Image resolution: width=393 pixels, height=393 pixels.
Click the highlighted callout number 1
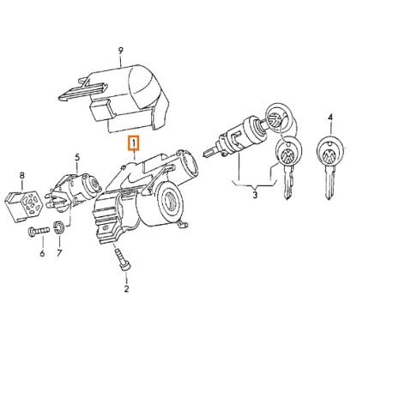click(134, 142)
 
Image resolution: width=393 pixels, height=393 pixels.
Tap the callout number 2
click(126, 288)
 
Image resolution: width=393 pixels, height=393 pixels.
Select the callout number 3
click(255, 195)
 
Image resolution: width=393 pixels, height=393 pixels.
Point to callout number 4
click(330, 118)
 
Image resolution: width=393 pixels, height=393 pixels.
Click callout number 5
click(77, 157)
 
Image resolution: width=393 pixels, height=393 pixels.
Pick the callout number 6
click(42, 253)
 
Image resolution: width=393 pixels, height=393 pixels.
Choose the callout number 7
click(59, 253)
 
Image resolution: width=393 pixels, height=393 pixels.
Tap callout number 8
click(22, 175)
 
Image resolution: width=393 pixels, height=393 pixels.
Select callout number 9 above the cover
click(121, 51)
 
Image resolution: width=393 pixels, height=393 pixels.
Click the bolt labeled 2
click(123, 259)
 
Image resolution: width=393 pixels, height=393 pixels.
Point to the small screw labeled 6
click(39, 231)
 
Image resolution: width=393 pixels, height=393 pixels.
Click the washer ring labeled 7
click(59, 227)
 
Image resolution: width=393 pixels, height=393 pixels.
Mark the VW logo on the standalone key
click(330, 156)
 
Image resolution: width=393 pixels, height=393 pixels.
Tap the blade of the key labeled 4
click(330, 183)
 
